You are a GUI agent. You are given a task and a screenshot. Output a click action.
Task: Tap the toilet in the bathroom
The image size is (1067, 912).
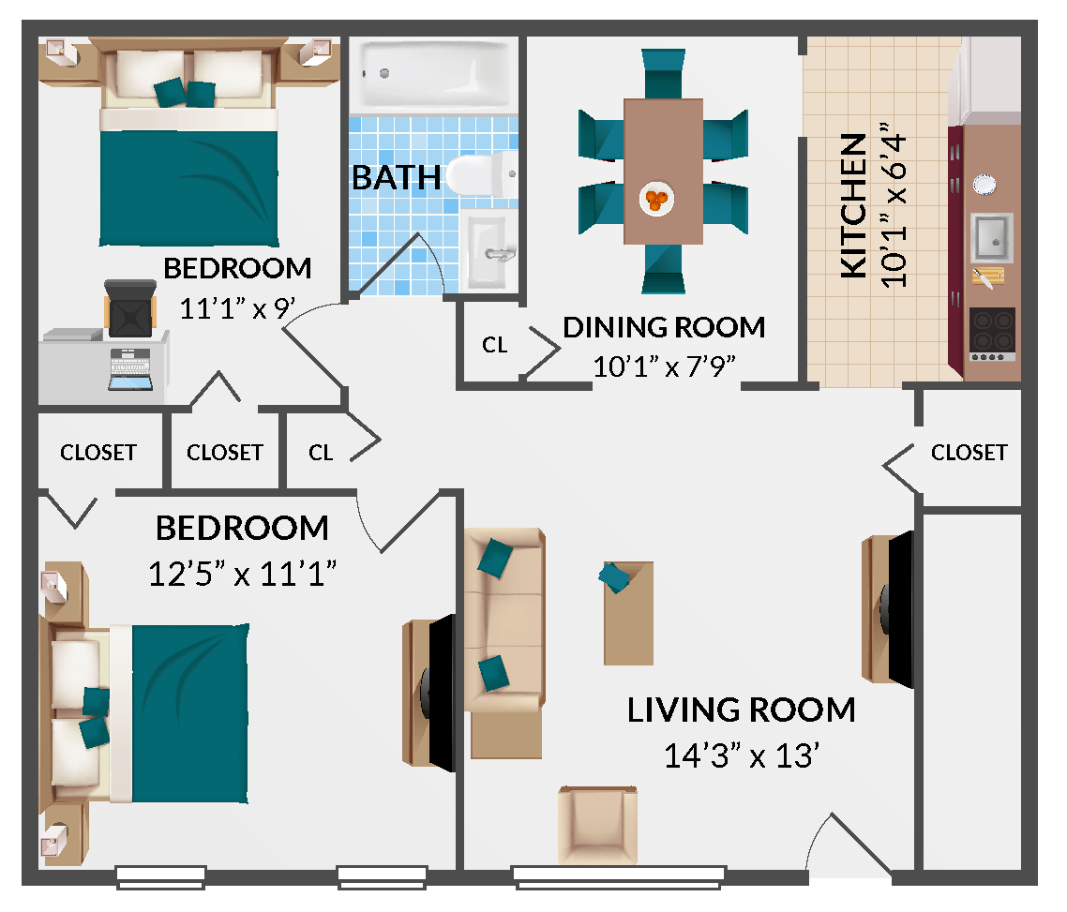pos(480,174)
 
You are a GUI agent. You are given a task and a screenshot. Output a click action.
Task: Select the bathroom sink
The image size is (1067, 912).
pos(488,248)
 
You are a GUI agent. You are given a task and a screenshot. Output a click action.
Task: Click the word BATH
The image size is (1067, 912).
pos(396,177)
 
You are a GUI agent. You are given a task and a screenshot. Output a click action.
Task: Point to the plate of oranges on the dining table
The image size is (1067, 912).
pos(657,198)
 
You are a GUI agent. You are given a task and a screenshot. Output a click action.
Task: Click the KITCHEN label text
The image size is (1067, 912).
pos(852,206)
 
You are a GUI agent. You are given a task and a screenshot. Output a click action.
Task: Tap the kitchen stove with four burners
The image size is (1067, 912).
pos(992,335)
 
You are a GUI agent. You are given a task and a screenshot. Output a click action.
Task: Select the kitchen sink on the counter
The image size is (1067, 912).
pos(992,237)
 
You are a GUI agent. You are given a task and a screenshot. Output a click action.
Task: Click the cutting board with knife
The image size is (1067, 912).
pos(987,277)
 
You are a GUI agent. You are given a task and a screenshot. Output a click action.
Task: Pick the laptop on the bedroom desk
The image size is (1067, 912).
pos(130,370)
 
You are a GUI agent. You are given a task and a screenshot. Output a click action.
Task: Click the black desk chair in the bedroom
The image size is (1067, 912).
pos(130,306)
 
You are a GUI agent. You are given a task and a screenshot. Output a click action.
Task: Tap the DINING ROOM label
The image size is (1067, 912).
pos(664,327)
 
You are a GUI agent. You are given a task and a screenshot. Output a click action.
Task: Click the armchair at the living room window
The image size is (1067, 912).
pos(597,825)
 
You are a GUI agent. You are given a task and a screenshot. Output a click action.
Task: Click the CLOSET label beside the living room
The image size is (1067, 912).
pos(969,453)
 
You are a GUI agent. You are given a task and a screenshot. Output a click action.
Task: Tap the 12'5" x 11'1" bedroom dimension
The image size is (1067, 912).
pos(243,573)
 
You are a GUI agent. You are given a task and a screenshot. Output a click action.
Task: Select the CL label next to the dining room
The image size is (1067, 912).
pos(495,345)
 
